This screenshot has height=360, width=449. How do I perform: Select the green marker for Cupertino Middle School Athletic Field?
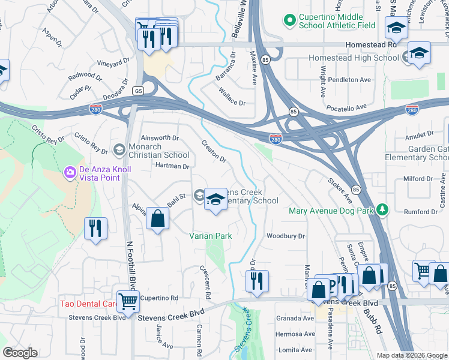[290, 21]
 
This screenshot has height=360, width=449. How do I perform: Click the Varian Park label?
[211, 236]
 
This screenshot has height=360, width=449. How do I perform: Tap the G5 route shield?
[139, 91]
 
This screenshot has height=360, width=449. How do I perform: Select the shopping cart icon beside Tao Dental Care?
[128, 301]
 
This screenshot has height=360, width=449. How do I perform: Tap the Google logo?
[20, 353]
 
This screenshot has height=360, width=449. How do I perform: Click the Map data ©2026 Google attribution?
[411, 355]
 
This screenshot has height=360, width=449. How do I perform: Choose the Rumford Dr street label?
[420, 212]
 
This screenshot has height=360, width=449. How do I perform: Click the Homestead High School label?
[354, 58]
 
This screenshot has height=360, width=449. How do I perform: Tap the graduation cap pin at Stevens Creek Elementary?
[215, 200]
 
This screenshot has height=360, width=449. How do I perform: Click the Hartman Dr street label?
[172, 166]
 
